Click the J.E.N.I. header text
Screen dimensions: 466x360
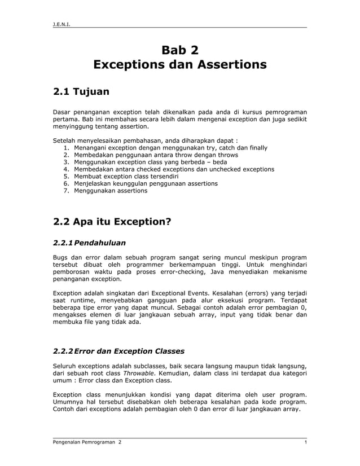coord(61,24)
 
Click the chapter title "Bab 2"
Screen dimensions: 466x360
coord(180,50)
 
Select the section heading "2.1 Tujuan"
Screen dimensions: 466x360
coord(81,91)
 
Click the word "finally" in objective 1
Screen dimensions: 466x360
coord(256,147)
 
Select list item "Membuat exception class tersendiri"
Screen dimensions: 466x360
coord(126,177)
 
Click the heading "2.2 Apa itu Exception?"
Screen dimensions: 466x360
coord(112,221)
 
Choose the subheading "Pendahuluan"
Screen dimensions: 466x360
coord(100,243)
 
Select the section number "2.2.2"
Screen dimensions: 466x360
coord(63,351)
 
